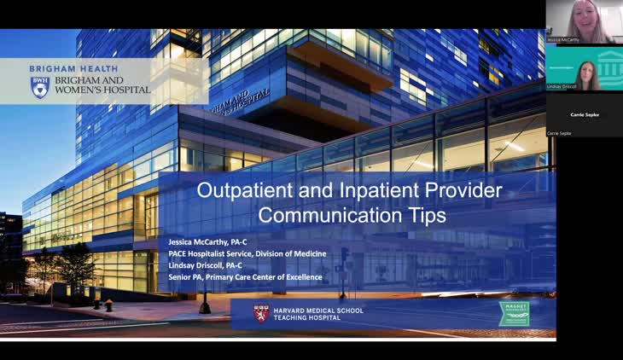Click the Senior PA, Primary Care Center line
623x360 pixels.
(x=245, y=277)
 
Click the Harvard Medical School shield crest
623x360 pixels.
(x=261, y=313)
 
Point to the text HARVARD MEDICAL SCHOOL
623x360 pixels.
(x=318, y=310)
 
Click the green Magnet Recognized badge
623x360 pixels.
(x=514, y=313)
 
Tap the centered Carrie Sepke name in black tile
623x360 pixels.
(x=585, y=114)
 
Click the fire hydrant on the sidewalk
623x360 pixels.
(x=108, y=305)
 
